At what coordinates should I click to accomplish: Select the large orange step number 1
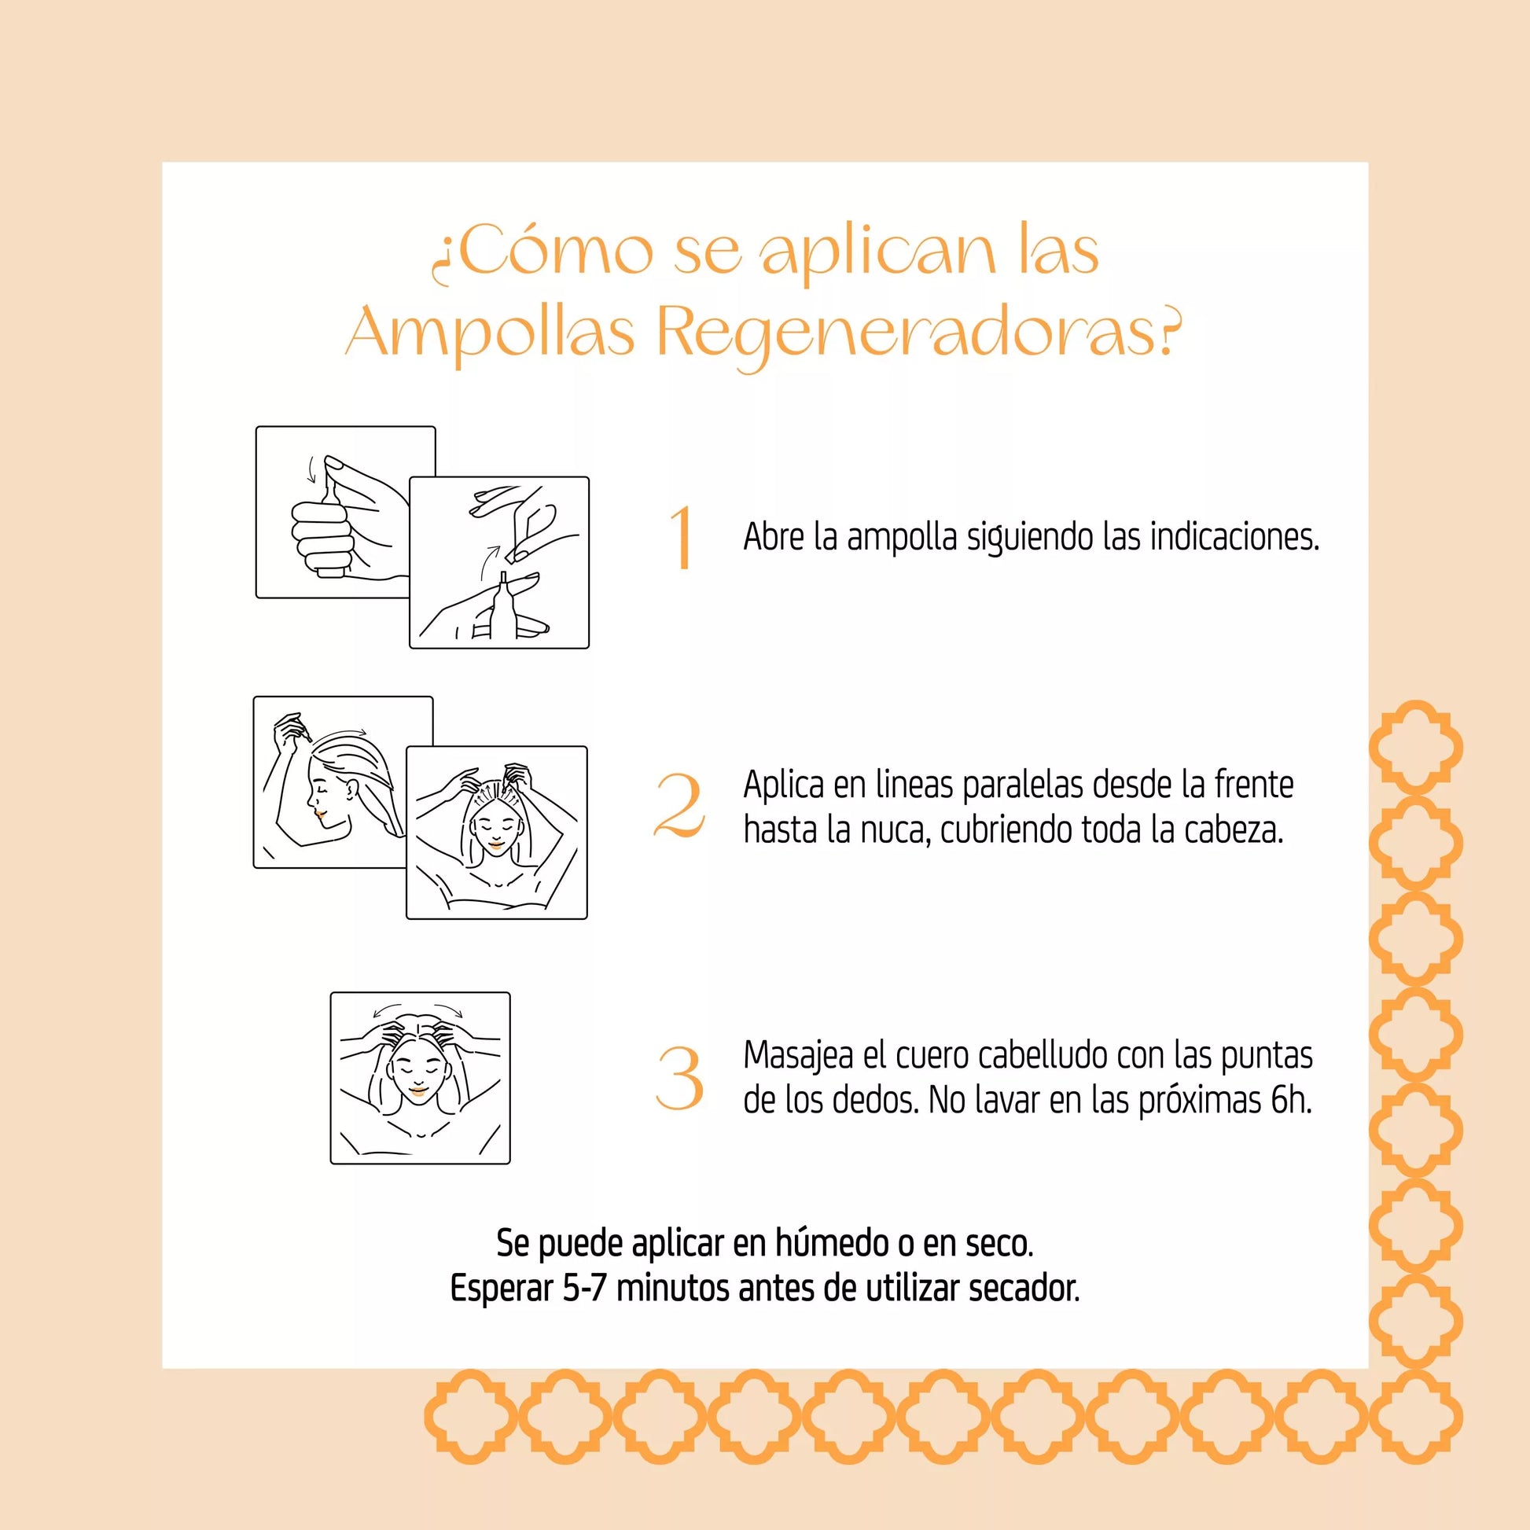682,538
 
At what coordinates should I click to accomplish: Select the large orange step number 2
679,805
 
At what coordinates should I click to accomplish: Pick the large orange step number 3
680,1078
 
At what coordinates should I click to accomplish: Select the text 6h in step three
1291,1101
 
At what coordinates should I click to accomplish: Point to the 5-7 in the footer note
585,1289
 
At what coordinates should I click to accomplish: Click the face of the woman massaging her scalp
419,1073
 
